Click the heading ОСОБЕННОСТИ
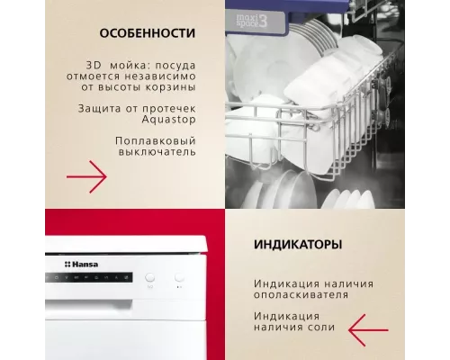coord(148,34)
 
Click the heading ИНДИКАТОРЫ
coord(297,245)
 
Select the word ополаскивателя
coord(301,294)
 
